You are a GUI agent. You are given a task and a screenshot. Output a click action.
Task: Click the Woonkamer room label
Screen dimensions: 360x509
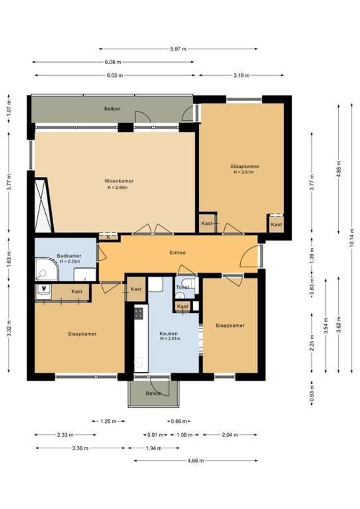click(x=119, y=181)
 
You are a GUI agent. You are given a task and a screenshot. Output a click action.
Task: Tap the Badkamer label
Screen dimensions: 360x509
click(x=69, y=256)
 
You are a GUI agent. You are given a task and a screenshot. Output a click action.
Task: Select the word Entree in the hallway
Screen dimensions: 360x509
click(x=178, y=253)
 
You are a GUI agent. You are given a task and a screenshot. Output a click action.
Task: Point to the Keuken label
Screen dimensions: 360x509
click(x=169, y=333)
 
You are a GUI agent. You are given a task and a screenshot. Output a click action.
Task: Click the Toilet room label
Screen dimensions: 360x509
click(x=182, y=287)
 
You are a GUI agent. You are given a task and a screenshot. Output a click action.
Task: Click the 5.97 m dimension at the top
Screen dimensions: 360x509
click(x=178, y=49)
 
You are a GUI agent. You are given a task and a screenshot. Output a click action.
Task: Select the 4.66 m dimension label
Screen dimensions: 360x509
click(x=196, y=460)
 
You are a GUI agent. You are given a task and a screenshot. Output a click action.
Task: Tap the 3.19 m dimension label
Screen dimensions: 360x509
click(x=242, y=75)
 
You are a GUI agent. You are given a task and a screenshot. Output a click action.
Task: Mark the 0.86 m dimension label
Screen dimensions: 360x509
click(x=179, y=421)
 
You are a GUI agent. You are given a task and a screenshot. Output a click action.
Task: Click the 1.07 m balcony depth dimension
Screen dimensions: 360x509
click(x=9, y=108)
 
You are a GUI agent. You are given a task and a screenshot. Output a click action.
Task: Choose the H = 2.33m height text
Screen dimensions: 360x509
click(x=70, y=261)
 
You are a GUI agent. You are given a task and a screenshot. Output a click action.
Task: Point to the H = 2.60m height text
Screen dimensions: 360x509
click(x=117, y=187)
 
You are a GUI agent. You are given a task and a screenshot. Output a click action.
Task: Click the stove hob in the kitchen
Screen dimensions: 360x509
click(x=139, y=313)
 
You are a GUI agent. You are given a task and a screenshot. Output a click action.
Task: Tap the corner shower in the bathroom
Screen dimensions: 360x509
click(x=47, y=270)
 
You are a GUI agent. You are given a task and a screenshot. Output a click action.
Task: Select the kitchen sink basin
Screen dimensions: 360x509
click(x=139, y=362)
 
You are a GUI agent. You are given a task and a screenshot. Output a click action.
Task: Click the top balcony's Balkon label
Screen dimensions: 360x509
click(x=112, y=109)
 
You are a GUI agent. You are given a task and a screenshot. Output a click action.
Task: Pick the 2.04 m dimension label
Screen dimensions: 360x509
click(x=230, y=435)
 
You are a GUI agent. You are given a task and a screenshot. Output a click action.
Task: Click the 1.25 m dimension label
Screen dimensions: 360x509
click(x=108, y=421)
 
